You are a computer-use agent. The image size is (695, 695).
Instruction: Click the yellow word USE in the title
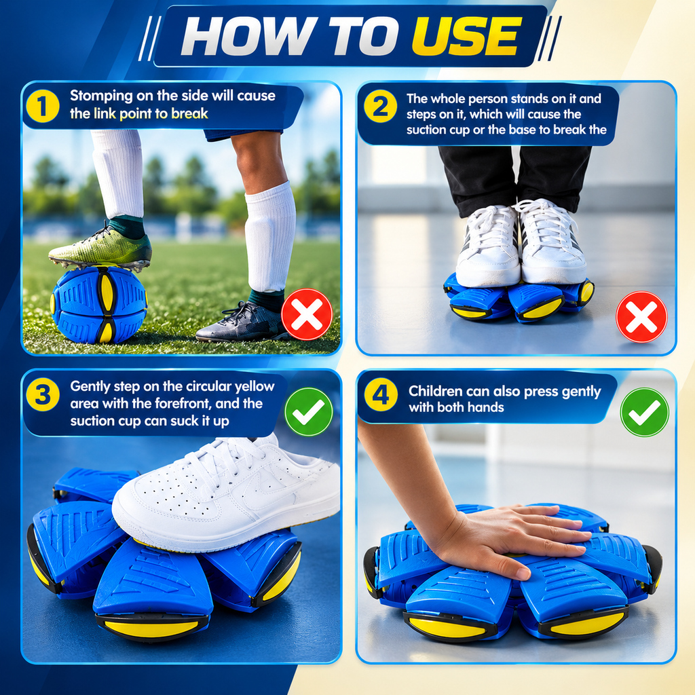pyautogui.click(x=466, y=37)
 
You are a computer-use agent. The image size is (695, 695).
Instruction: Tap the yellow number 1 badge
pyautogui.click(x=43, y=107)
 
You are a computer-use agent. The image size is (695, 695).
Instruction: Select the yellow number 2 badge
pyautogui.click(x=380, y=107)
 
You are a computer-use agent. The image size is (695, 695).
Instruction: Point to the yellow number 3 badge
pyautogui.click(x=43, y=394)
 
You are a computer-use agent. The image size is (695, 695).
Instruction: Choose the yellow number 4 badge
pyautogui.click(x=380, y=394)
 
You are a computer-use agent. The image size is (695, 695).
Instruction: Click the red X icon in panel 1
pyautogui.click(x=307, y=314)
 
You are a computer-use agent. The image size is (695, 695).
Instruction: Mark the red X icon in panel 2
pyautogui.click(x=641, y=316)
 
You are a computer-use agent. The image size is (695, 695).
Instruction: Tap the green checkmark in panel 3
pyautogui.click(x=309, y=412)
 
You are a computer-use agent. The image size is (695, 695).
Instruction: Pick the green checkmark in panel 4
pyautogui.click(x=645, y=412)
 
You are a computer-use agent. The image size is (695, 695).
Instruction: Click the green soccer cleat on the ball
pyautogui.click(x=101, y=249)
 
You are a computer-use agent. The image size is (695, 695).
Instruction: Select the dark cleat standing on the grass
pyautogui.click(x=242, y=322)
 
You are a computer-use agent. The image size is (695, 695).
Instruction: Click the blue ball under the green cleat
pyautogui.click(x=99, y=305)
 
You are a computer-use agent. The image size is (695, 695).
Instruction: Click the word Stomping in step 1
pyautogui.click(x=101, y=96)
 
